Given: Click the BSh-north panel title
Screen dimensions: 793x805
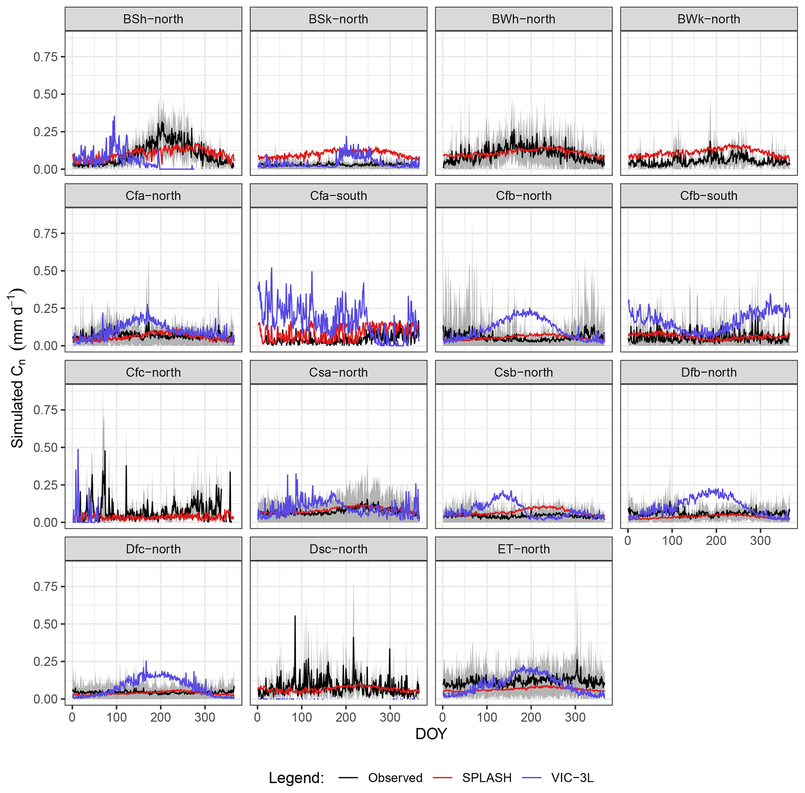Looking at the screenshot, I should [153, 19].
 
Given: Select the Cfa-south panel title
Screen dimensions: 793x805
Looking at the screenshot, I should [338, 196].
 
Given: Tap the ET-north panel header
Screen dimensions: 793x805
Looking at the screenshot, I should [523, 549].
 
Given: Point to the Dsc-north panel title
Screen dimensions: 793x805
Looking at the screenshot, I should [338, 549].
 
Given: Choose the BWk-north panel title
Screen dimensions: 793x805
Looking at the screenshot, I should [708, 19].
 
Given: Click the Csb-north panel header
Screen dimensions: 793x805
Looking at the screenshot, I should [523, 372].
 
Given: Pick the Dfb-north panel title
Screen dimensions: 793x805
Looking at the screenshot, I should [708, 372].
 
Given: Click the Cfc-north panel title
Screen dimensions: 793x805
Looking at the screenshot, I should [153, 372].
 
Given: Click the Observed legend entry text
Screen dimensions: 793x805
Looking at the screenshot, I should [395, 777].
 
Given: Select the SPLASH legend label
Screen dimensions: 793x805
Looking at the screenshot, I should [487, 777].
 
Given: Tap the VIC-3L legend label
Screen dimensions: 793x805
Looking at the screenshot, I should [572, 777].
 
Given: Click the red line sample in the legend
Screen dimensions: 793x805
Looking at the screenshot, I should [442, 777].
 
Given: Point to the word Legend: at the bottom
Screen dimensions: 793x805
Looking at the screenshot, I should [296, 777].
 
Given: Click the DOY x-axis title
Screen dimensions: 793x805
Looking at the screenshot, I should [431, 733].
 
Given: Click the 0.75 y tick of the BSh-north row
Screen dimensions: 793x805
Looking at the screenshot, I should [46, 57].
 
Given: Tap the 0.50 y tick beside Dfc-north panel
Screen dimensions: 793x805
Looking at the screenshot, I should [46, 624].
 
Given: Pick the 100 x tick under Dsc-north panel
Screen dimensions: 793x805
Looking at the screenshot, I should [302, 717].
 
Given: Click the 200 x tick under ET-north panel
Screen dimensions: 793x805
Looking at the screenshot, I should [531, 717].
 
